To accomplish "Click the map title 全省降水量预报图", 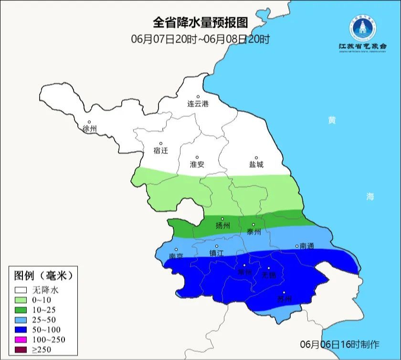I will pos(200,22).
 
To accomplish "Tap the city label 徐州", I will pos(89,129).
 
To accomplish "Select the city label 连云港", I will pos(198,104).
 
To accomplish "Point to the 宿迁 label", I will pos(161,150).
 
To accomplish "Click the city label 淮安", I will pos(197,164).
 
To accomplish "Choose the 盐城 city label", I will pos(256,164).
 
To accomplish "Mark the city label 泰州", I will pos(253,232).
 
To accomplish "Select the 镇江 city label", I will pos(216,254).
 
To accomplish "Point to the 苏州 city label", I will pos(284,299).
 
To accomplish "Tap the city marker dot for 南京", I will pos(176,249).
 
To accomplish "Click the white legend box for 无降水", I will pos(21,289).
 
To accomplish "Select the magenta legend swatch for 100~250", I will pos(21,339).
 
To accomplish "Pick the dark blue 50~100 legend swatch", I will pos(21,329).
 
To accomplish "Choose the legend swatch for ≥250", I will pos(21,349).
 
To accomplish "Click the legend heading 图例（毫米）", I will pos(43,275).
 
